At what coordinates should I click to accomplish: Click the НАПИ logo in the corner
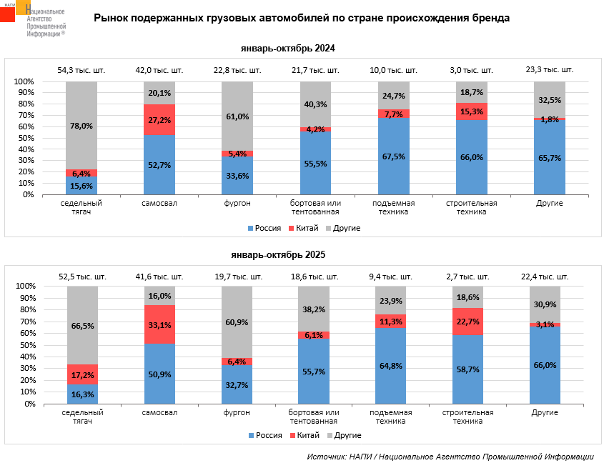click(x=32, y=19)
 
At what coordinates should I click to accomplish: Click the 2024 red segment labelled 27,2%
click(x=159, y=119)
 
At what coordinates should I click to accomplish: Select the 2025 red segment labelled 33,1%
click(x=159, y=324)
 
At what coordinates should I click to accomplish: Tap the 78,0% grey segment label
click(x=81, y=126)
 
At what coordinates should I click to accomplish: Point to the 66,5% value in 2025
click(x=81, y=325)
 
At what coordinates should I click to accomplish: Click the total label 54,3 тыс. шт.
click(x=81, y=70)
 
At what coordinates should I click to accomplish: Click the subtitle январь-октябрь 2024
click(x=288, y=49)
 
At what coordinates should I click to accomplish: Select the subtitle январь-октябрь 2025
click(x=288, y=254)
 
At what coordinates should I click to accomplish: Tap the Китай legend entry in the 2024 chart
click(x=303, y=228)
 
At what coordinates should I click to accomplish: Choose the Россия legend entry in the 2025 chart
click(x=264, y=434)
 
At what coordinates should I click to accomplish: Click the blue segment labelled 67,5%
click(x=393, y=157)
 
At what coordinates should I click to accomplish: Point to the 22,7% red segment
click(x=468, y=322)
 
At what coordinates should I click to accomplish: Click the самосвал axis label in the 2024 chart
click(x=159, y=204)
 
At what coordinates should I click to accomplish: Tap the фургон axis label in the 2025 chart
click(x=237, y=412)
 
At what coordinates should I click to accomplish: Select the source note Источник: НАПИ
click(x=450, y=456)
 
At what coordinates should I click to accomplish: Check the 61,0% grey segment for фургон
click(x=237, y=116)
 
